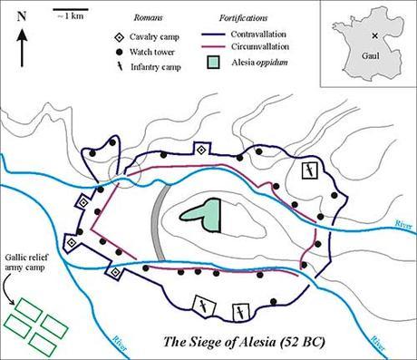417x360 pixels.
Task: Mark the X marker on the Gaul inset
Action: click(x=374, y=34)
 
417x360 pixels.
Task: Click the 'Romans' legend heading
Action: click(x=147, y=17)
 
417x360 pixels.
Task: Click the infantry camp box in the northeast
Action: click(x=309, y=170)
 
